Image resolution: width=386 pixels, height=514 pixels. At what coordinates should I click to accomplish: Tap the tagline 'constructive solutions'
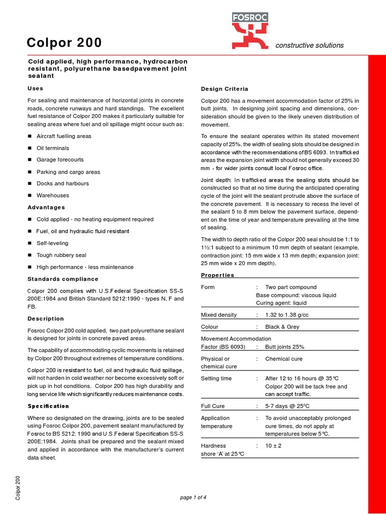(310, 45)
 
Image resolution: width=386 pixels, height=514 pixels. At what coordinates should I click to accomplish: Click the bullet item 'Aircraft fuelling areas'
(64, 136)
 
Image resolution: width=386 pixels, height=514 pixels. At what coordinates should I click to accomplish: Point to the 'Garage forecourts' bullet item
(60, 160)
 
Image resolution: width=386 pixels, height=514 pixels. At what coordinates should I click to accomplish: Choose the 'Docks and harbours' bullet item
(62, 183)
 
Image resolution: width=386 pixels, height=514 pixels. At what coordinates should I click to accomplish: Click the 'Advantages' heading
(46, 207)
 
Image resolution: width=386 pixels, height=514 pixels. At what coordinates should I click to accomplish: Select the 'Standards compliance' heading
(63, 279)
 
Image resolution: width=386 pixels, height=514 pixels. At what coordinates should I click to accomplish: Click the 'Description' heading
(45, 319)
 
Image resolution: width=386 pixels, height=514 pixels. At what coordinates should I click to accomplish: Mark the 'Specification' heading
(48, 406)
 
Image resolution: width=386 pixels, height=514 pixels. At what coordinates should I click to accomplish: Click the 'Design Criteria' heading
(224, 89)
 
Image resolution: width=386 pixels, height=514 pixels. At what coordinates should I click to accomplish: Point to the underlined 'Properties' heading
(217, 275)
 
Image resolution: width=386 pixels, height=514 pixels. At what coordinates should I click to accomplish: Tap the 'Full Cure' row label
(213, 406)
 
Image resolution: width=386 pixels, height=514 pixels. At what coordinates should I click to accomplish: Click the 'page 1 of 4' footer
(193, 497)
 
